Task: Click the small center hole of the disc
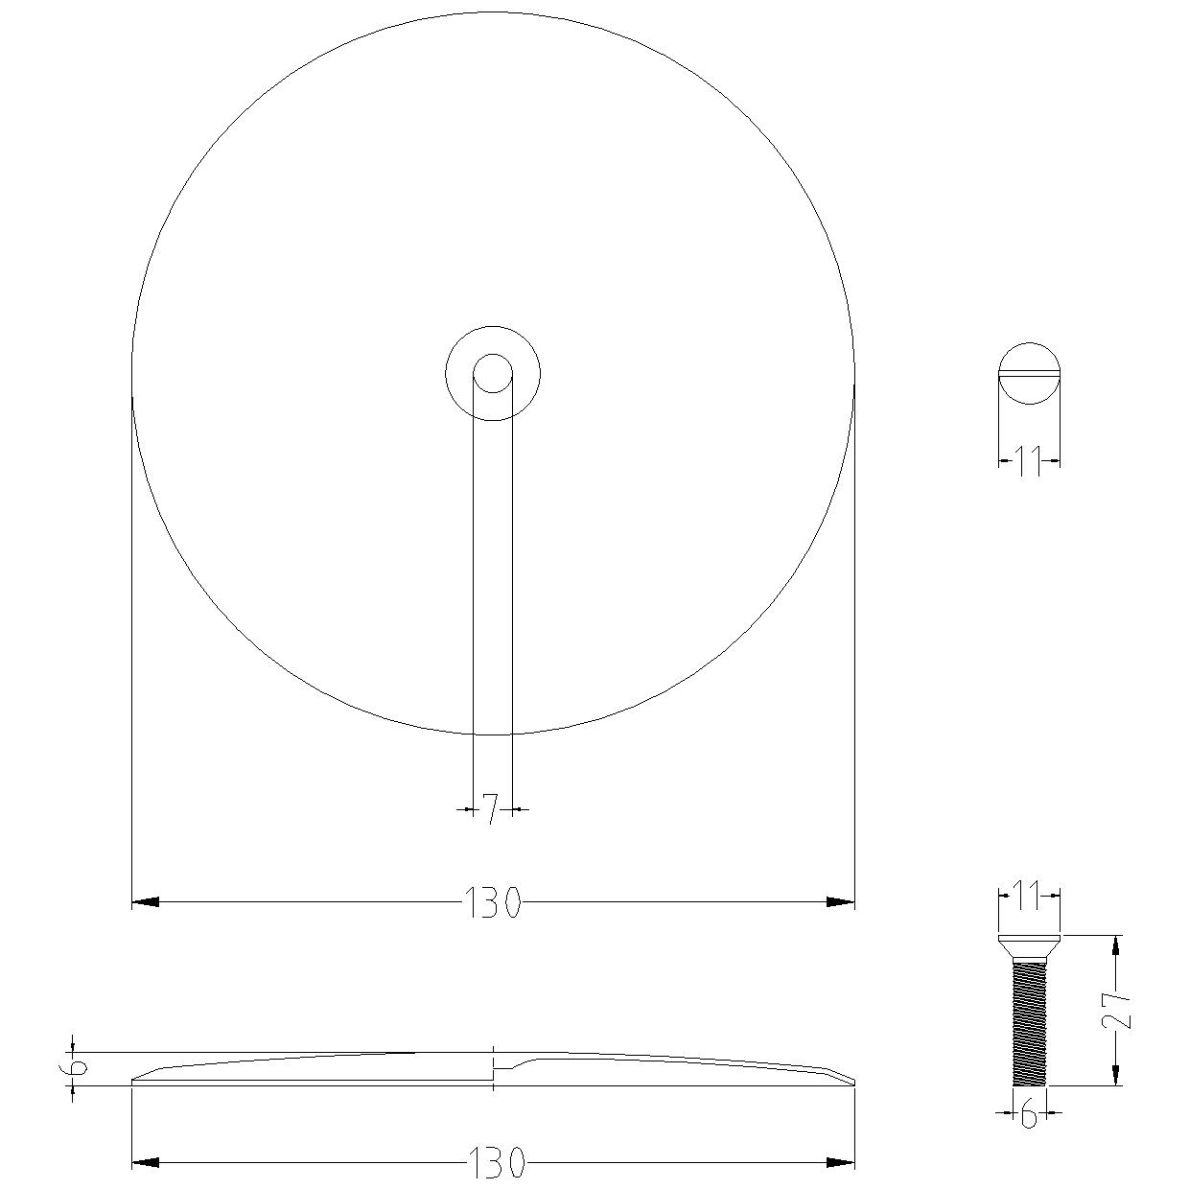tap(493, 373)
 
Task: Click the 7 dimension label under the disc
tap(490, 809)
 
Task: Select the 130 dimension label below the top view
tap(493, 902)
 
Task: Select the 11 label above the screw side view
tap(1029, 896)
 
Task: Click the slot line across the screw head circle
tap(1029, 373)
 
